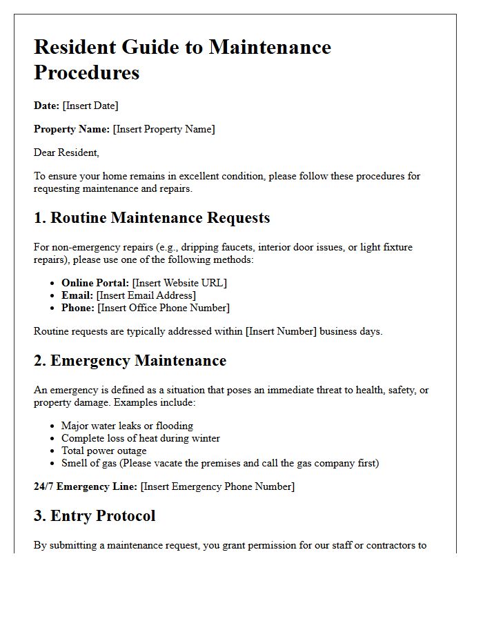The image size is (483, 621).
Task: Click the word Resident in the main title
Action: point(75,47)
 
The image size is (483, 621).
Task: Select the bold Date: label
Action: point(46,106)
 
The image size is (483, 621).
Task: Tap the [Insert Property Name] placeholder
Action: point(164,129)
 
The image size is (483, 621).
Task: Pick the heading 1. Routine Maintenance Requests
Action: point(152,218)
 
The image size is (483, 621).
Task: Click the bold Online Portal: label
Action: point(95,283)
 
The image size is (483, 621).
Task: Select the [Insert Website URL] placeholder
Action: point(179,283)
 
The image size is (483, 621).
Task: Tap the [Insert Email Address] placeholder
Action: point(146,295)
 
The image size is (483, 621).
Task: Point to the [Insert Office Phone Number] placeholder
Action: point(164,308)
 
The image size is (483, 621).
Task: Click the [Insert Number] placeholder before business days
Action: point(281,331)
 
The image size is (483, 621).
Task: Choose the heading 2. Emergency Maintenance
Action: point(130,361)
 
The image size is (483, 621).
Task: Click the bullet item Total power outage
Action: point(103,451)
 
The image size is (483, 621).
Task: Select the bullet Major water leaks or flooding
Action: point(127,426)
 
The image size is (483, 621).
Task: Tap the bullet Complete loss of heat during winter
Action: point(141,438)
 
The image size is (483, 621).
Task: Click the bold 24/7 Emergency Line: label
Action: point(86,486)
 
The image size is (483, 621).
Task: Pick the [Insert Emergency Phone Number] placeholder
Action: point(217,486)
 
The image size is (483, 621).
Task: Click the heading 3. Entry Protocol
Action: point(95,516)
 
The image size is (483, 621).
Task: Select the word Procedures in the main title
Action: point(87,72)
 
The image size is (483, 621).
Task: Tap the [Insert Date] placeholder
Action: point(90,106)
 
